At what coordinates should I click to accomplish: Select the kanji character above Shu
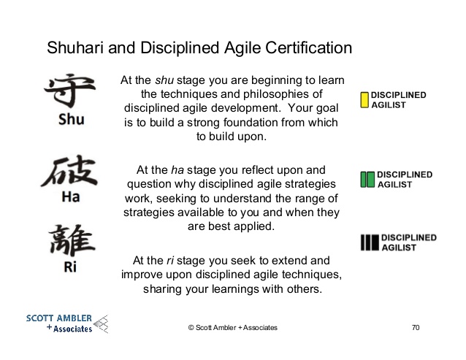click(x=70, y=91)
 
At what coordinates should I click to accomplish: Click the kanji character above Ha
click(x=69, y=171)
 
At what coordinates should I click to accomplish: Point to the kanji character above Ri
click(x=72, y=240)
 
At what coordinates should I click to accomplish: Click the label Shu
click(x=72, y=120)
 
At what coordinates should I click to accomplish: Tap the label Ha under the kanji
click(x=71, y=196)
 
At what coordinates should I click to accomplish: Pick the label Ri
click(x=70, y=267)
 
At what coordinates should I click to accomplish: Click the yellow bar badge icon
click(x=364, y=100)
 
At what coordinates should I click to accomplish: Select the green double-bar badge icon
click(x=367, y=180)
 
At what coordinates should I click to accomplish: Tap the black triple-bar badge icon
click(x=370, y=242)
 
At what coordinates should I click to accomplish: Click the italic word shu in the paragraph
click(x=164, y=80)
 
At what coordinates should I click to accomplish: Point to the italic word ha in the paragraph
click(x=177, y=170)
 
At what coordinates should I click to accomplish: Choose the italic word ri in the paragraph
click(x=170, y=261)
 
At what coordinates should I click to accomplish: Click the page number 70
click(x=416, y=327)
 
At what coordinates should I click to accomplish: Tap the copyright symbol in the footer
click(x=191, y=327)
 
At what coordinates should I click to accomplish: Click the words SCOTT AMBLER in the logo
click(x=59, y=318)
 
